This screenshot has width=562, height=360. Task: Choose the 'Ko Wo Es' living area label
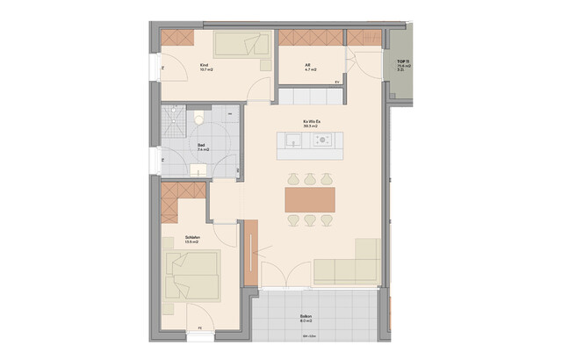tap(310, 122)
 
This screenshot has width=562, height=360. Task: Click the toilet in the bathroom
tap(199, 118)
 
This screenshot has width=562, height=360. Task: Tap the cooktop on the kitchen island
tap(323, 139)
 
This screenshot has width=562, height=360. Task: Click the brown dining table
tap(311, 199)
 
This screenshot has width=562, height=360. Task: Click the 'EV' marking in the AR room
tap(336, 83)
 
